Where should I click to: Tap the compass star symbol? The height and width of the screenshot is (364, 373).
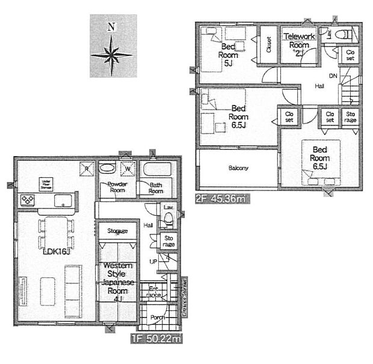111,55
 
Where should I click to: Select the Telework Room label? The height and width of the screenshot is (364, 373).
299,41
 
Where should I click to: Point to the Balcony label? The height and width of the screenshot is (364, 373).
238,168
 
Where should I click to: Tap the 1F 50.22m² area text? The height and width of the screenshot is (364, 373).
156,339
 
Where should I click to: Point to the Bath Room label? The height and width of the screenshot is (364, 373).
156,187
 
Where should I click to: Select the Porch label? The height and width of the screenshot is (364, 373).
157,318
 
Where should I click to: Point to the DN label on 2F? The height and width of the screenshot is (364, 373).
333,75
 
